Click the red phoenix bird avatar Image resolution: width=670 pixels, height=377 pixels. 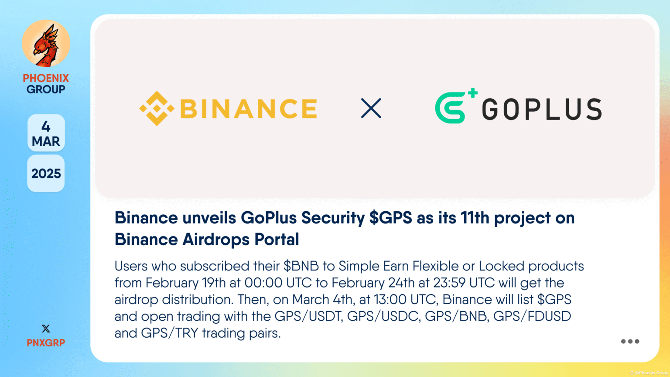(46, 43)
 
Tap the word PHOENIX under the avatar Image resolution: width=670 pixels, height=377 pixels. (46, 78)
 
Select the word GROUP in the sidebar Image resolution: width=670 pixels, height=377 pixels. (46, 89)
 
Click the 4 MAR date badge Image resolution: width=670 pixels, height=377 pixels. (46, 134)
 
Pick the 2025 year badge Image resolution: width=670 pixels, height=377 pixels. (46, 174)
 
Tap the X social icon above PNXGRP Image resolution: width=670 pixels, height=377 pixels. (46, 329)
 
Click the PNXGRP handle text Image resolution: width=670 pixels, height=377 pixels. (46, 343)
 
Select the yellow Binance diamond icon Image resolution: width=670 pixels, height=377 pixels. (157, 109)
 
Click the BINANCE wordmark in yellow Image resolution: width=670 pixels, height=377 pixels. (249, 109)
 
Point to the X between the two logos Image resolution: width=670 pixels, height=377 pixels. (371, 108)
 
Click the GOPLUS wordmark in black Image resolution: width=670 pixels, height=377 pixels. (542, 109)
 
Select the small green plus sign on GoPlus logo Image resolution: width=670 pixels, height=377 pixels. (472, 93)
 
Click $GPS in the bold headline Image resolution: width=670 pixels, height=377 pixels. (390, 218)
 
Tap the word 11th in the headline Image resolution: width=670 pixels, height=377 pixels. (475, 218)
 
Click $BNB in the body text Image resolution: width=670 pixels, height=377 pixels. (301, 266)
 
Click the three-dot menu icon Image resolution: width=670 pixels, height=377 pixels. (630, 342)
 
